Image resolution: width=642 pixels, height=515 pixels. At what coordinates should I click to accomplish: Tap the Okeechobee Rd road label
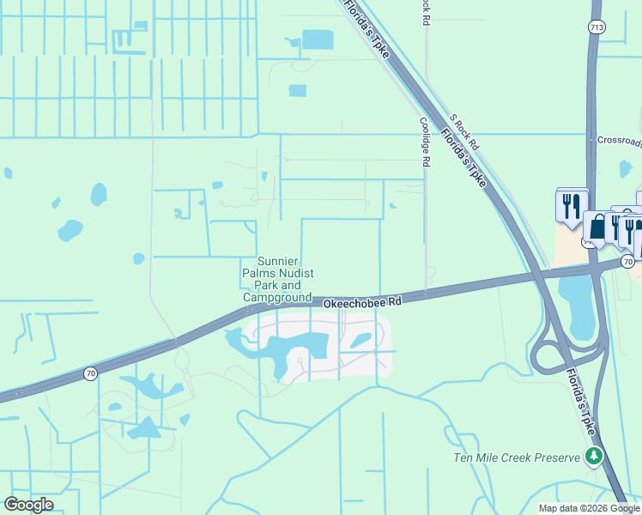click(x=362, y=302)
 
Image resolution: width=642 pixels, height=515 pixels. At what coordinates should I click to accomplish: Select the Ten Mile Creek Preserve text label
click(x=517, y=457)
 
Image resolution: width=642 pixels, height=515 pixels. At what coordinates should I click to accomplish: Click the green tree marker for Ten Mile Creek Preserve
click(x=593, y=457)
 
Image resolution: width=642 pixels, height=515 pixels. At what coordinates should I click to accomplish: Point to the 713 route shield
click(x=596, y=27)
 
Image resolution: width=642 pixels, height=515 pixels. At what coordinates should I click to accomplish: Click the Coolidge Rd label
click(x=424, y=141)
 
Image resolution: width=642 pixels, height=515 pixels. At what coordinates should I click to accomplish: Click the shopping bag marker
click(x=596, y=228)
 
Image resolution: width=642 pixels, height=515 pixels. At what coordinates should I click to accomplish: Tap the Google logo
click(x=28, y=505)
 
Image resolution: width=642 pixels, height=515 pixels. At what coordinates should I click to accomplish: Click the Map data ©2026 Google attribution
click(x=588, y=508)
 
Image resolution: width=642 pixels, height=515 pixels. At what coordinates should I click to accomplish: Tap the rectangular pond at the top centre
click(x=318, y=39)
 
